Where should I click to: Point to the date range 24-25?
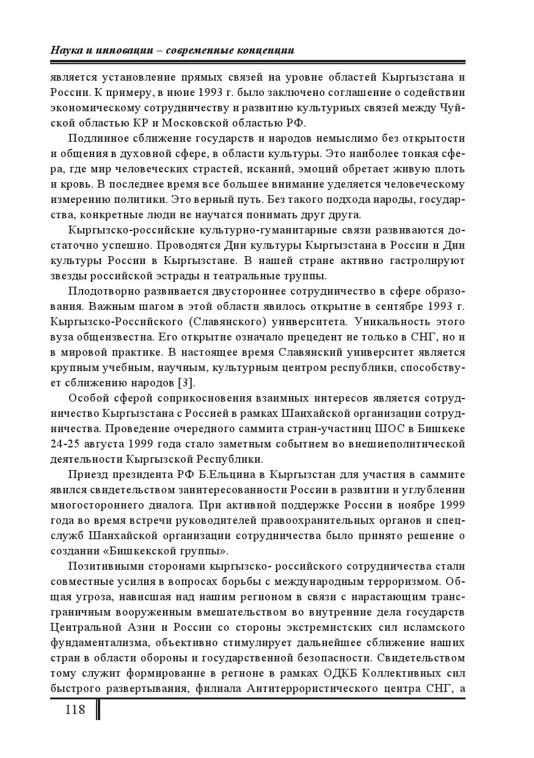pos(65,443)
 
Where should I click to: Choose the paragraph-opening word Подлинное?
pos(98,137)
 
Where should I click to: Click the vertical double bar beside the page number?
pos(97,710)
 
